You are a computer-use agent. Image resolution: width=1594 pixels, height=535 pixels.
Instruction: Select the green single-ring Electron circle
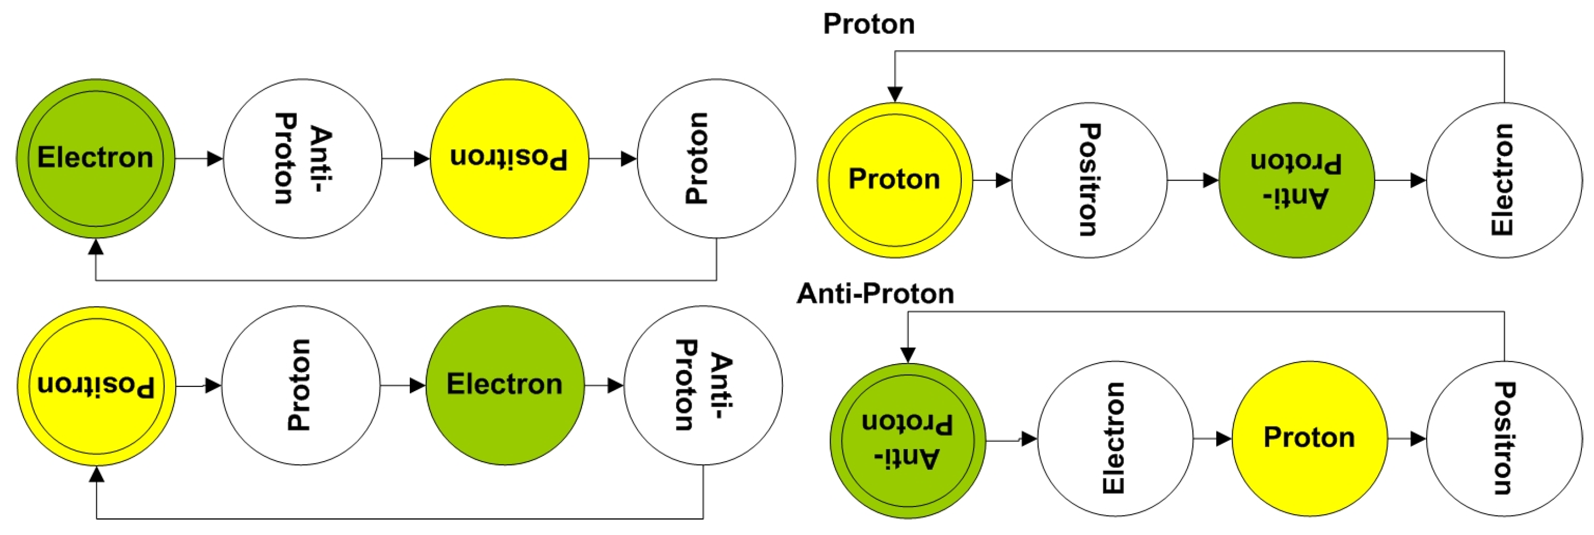click(505, 385)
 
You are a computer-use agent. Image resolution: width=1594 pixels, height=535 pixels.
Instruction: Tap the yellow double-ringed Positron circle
click(97, 386)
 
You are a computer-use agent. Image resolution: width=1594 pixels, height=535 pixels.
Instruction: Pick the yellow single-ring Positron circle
click(509, 158)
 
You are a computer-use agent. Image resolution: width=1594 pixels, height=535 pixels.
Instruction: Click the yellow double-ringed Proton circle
click(895, 180)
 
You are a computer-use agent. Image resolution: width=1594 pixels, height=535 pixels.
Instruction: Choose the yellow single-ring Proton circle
click(1309, 438)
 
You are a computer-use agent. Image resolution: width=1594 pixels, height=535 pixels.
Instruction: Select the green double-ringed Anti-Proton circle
click(908, 440)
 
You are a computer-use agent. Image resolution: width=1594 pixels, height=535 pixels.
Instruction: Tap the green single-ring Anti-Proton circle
click(1296, 180)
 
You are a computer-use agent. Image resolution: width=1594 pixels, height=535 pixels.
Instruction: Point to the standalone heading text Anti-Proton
click(875, 294)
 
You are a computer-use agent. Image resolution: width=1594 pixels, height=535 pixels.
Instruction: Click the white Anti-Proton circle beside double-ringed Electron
click(303, 158)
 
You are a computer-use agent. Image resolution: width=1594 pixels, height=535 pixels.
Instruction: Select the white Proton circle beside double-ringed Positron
click(301, 385)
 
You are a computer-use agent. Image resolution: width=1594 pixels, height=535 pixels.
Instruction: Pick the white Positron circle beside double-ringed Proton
click(1089, 180)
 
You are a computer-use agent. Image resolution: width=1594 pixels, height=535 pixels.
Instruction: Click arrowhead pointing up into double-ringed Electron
click(96, 246)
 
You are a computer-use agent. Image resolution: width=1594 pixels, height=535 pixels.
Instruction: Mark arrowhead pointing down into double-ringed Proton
click(895, 94)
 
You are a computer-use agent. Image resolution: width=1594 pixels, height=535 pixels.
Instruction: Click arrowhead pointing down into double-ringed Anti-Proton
click(908, 355)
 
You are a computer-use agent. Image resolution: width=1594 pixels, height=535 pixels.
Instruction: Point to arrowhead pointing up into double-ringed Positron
click(97, 474)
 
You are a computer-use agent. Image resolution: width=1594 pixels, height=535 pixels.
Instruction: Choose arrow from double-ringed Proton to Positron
click(992, 180)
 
